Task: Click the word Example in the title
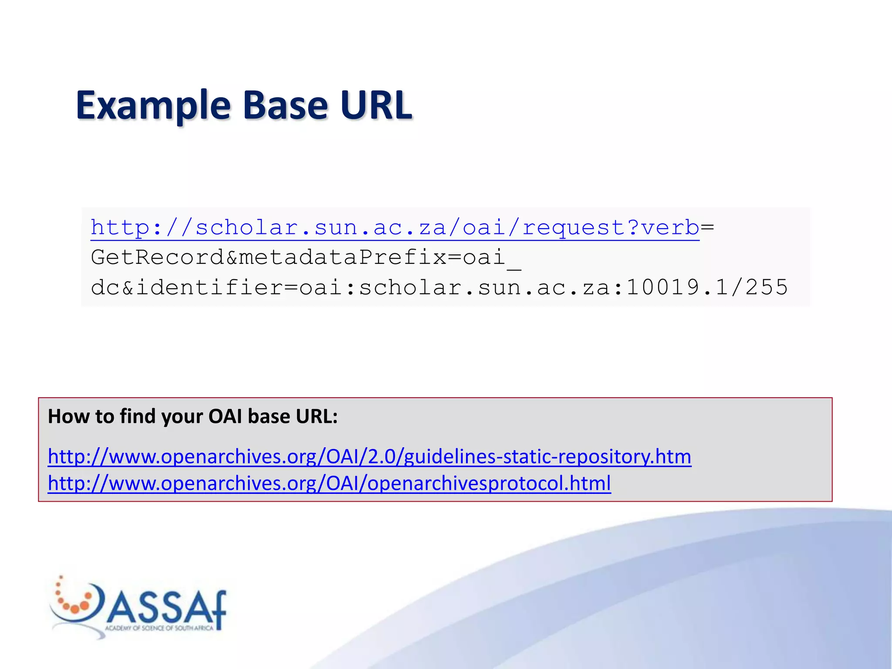pos(153,105)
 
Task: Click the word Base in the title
pos(285,105)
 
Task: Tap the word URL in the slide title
pos(376,105)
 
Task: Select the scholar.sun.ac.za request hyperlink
pos(395,228)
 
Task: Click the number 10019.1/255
pos(707,287)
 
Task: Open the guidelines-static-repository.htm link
pos(369,456)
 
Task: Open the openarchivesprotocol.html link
pos(329,483)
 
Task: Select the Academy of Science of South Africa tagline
pos(159,628)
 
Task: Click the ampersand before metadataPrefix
pos(232,257)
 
